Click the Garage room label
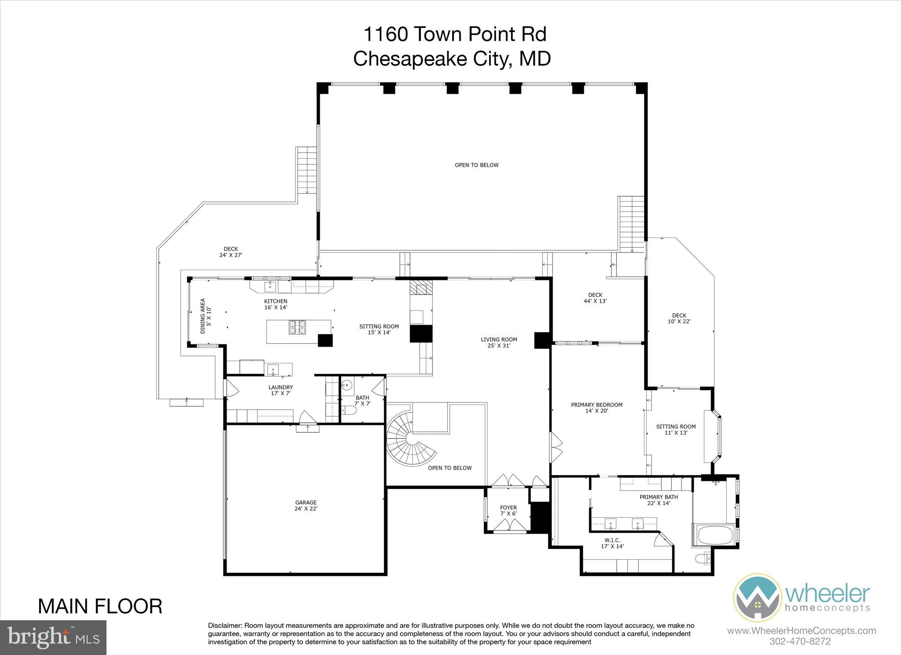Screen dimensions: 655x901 pos(306,505)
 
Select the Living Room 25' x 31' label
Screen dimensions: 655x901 pos(498,342)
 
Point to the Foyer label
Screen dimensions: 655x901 pos(508,510)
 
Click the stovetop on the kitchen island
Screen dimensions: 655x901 pos(297,327)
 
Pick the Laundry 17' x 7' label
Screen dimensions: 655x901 pos(281,390)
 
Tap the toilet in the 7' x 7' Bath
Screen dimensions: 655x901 pos(348,411)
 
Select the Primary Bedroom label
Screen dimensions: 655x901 pos(597,408)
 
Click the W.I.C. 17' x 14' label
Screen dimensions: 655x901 pos(612,543)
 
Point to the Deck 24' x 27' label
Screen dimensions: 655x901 pos(231,252)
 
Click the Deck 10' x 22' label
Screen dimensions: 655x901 pos(679,318)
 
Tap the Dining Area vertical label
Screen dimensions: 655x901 pos(205,316)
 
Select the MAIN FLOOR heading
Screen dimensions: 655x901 pos(100,606)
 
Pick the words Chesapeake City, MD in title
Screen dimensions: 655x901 pos(452,59)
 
